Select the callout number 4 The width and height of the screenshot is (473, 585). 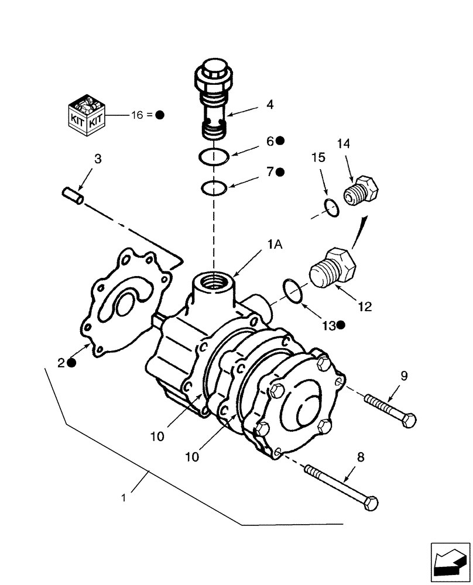pos(270,105)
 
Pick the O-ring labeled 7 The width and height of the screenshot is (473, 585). pos(214,188)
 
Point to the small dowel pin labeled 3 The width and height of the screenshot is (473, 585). pos(73,195)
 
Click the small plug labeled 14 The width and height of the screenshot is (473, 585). pos(361,191)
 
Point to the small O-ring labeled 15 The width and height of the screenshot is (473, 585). pos(331,208)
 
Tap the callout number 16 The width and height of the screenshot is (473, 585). pos(136,115)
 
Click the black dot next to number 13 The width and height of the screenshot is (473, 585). pos(340,325)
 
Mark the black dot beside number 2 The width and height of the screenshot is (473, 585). pos(71,363)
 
